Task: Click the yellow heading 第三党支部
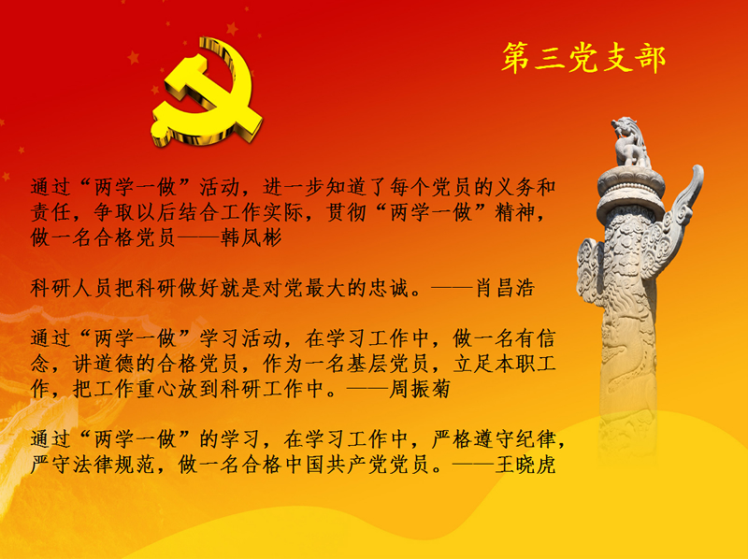coord(583,57)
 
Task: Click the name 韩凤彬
coord(251,237)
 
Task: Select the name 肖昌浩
coord(505,288)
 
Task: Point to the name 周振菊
coord(420,388)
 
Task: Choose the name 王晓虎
coord(525,464)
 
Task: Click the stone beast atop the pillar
coord(630,142)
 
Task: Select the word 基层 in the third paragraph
coord(367,364)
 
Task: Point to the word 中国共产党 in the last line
coord(337,464)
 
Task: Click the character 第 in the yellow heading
coord(515,57)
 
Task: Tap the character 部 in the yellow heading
coord(650,58)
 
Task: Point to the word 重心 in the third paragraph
coord(156,388)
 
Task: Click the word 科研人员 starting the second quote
coord(72,288)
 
